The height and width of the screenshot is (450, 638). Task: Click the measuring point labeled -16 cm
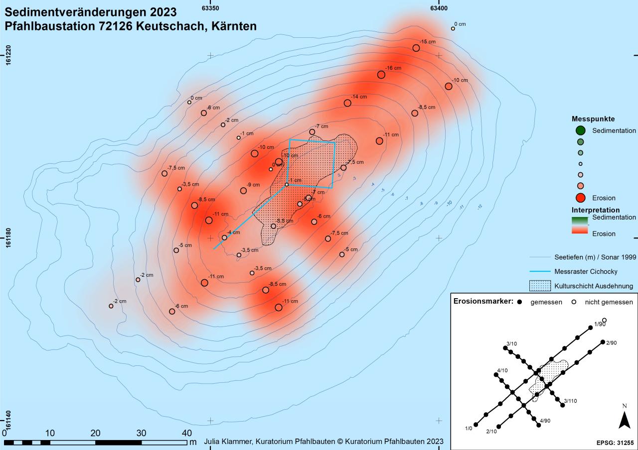click(x=381, y=75)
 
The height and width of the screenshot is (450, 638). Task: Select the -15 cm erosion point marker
click(x=416, y=48)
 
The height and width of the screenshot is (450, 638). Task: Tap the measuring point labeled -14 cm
click(x=347, y=103)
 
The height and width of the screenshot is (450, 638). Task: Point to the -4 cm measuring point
click(x=224, y=237)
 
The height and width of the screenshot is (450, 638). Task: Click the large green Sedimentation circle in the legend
click(x=580, y=131)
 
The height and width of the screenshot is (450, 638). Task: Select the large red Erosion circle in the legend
click(x=580, y=197)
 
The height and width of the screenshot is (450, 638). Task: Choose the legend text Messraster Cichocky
click(x=586, y=271)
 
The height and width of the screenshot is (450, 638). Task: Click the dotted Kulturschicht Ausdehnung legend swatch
click(x=540, y=286)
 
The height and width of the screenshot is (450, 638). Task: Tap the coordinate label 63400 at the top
click(x=439, y=7)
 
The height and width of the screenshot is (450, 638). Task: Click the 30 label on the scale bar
click(x=141, y=433)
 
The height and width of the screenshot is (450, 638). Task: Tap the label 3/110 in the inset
click(x=570, y=401)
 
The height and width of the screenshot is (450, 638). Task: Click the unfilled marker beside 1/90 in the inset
click(x=604, y=320)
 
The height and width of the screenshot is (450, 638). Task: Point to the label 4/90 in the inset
click(x=545, y=421)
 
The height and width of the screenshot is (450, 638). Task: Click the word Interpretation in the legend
click(x=596, y=210)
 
